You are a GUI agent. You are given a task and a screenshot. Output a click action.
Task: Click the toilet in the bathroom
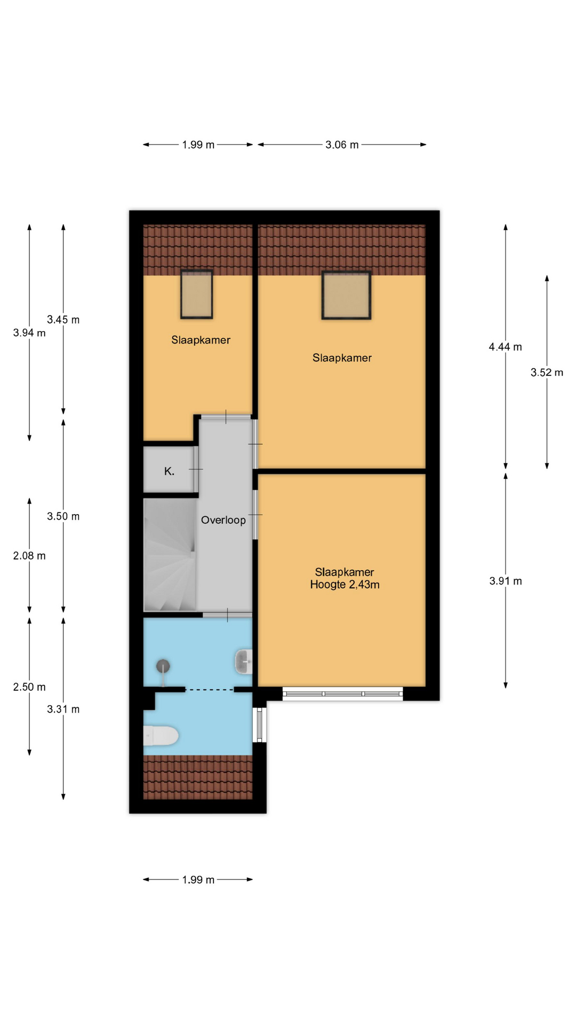pyautogui.click(x=161, y=736)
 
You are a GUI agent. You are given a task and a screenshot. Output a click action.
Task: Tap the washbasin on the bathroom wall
pyautogui.click(x=244, y=662)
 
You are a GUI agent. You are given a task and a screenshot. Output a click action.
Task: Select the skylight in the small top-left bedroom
pyautogui.click(x=197, y=294)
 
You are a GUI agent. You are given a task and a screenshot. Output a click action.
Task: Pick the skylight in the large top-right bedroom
pyautogui.click(x=346, y=295)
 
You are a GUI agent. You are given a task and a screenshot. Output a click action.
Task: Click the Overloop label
pyautogui.click(x=223, y=520)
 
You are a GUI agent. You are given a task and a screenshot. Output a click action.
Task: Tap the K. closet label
pyautogui.click(x=169, y=471)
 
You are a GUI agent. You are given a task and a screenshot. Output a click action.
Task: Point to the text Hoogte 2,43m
pyautogui.click(x=345, y=585)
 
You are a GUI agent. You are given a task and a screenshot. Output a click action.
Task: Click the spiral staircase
pyautogui.click(x=170, y=555)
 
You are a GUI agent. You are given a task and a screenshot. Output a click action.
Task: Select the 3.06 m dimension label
pyautogui.click(x=342, y=145)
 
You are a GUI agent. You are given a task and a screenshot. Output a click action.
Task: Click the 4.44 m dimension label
pyautogui.click(x=505, y=347)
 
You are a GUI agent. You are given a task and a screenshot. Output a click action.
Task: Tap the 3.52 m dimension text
pyautogui.click(x=547, y=373)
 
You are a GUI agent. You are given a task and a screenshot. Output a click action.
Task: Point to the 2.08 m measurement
pyautogui.click(x=29, y=556)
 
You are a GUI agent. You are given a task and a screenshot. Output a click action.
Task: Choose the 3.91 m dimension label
pyautogui.click(x=506, y=581)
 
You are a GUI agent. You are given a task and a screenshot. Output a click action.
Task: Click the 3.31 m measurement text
pyautogui.click(x=63, y=709)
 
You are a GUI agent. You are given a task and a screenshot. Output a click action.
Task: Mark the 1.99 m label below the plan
pyautogui.click(x=198, y=880)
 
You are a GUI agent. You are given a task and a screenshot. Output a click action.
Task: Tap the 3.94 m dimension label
pyautogui.click(x=29, y=333)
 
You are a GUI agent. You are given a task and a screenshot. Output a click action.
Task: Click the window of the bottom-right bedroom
pyautogui.click(x=342, y=693)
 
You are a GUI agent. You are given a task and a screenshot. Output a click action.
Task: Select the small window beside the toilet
pyautogui.click(x=260, y=725)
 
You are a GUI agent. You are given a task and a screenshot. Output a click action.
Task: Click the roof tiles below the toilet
pyautogui.click(x=198, y=777)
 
